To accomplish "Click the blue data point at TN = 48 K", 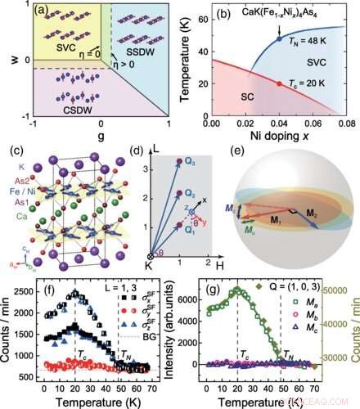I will [280, 38].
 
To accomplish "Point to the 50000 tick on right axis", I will [343, 291].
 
